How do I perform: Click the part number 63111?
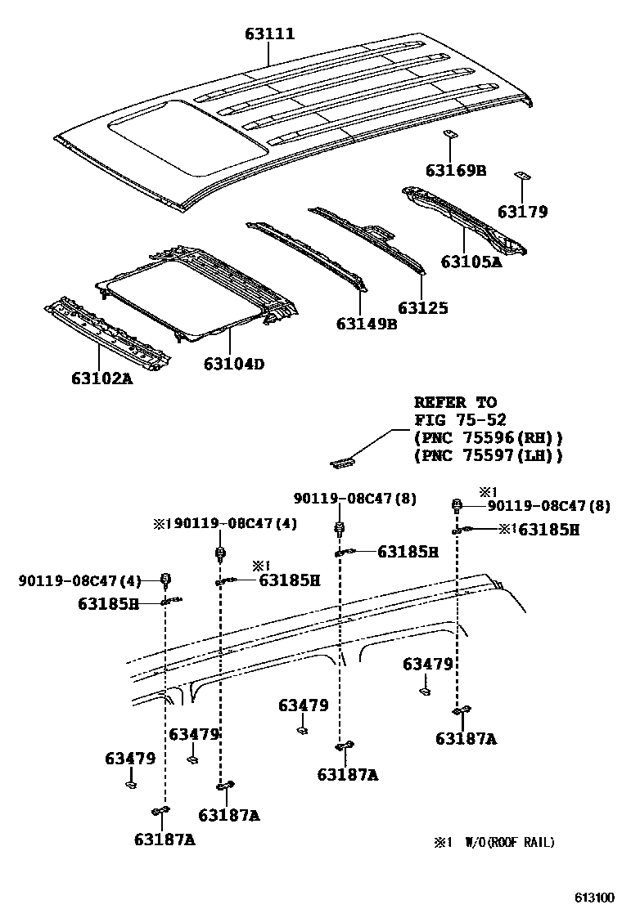[x=269, y=34]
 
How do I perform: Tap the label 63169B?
[x=456, y=171]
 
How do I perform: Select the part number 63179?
[x=523, y=213]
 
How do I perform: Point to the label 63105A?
[x=471, y=262]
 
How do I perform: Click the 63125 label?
[x=423, y=308]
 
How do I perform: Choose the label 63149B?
[x=366, y=324]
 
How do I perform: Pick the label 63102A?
[x=101, y=378]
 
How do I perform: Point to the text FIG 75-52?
[x=455, y=421]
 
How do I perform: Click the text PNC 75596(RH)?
[x=489, y=438]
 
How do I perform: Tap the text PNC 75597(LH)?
[x=489, y=456]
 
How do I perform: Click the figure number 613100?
[x=593, y=897]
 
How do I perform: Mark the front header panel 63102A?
[x=107, y=332]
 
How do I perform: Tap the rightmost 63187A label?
[x=466, y=738]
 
